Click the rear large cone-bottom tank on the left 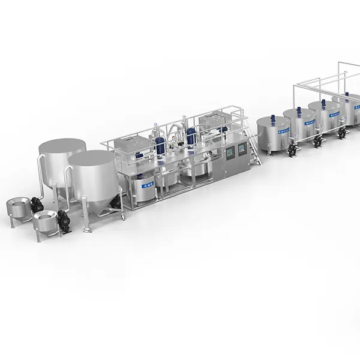pyautogui.click(x=61, y=157)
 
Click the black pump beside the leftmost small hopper pyautogui.click(x=37, y=205)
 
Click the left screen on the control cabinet pyautogui.click(x=227, y=152)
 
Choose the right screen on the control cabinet pyautogui.click(x=242, y=149)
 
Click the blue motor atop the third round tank pyautogui.click(x=322, y=103)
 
